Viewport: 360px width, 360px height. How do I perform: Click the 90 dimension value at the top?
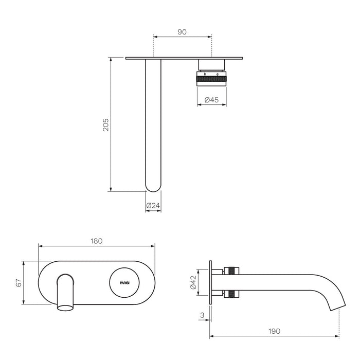tap(182, 31)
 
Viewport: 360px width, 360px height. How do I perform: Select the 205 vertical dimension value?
tap(105, 125)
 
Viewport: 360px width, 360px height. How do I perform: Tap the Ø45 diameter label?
tap(211, 100)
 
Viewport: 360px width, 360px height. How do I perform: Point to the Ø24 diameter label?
tap(153, 206)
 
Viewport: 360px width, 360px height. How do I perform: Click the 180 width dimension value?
tap(97, 241)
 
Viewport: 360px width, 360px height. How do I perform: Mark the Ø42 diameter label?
tap(193, 282)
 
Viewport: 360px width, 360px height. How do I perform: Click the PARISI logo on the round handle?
tap(125, 283)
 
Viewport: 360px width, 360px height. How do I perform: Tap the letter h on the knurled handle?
tap(205, 75)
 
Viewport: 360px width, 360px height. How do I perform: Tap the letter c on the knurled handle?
tap(217, 75)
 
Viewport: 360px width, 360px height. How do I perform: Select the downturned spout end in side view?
tap(336, 303)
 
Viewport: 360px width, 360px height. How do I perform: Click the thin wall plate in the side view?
tap(210, 283)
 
